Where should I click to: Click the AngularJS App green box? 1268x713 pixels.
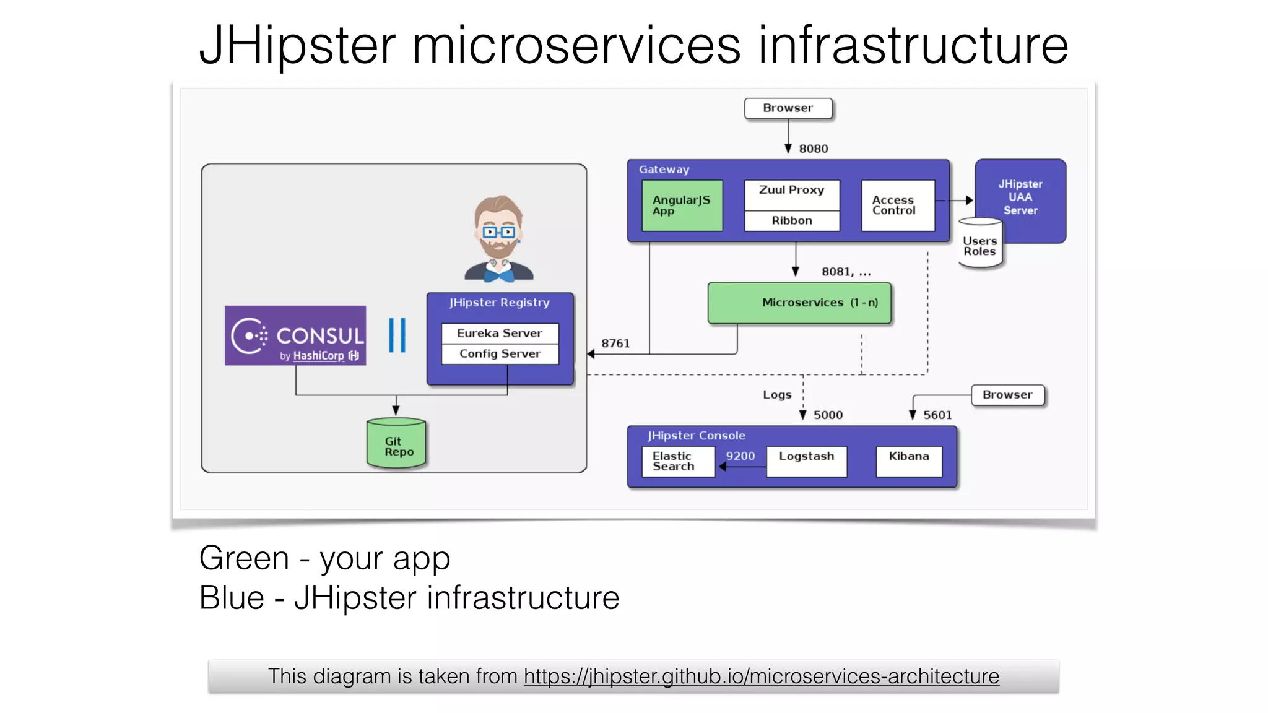[682, 205]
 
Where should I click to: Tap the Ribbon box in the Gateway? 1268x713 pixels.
[791, 221]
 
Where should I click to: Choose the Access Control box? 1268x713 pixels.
[897, 205]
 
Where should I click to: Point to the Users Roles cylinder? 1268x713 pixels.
[979, 246]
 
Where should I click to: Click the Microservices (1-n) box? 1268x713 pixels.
[799, 303]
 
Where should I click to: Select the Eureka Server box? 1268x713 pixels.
[499, 333]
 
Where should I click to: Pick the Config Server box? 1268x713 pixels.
[499, 354]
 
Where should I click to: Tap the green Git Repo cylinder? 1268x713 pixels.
[396, 444]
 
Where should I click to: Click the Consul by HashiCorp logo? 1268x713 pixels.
[295, 335]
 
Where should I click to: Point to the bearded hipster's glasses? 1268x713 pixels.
[498, 232]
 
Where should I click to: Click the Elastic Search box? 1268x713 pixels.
[677, 461]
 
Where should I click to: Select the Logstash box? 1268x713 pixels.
[806, 461]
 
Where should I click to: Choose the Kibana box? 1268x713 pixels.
[908, 461]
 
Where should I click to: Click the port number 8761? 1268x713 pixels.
[615, 344]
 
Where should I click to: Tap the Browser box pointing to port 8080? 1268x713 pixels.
[788, 108]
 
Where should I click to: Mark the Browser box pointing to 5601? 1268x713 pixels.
[1007, 395]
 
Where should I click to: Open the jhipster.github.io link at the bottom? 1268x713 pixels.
[761, 676]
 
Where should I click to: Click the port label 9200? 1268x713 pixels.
[740, 456]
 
